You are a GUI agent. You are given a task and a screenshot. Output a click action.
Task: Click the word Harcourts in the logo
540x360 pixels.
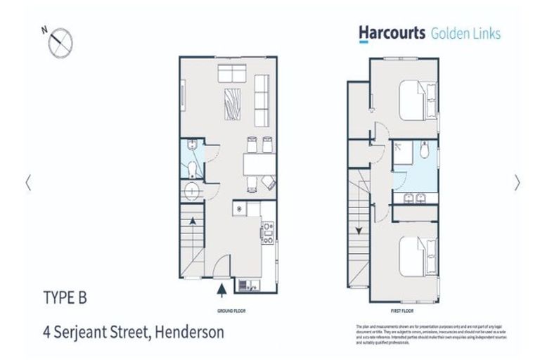coord(392,32)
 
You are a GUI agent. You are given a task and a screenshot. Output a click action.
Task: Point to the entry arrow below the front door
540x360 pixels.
coord(222,288)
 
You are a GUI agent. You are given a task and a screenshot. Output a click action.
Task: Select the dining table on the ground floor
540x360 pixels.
coord(258,165)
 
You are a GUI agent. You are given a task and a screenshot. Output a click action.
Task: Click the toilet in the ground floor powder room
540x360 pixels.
coord(193,168)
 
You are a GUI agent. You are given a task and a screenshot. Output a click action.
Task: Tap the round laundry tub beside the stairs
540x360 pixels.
coord(191,190)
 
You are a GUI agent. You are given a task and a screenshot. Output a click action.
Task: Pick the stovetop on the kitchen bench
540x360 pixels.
coord(268,233)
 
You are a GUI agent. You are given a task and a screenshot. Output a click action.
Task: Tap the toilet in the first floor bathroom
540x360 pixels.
coord(423,151)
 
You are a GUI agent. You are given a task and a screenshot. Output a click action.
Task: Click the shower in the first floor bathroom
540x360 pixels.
coord(403,152)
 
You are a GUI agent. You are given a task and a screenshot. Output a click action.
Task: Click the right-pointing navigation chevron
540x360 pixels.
coord(517,182)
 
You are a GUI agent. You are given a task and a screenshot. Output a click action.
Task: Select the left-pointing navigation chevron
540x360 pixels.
coord(27,182)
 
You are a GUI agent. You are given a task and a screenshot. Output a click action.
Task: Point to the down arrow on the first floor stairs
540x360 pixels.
coord(358,230)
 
